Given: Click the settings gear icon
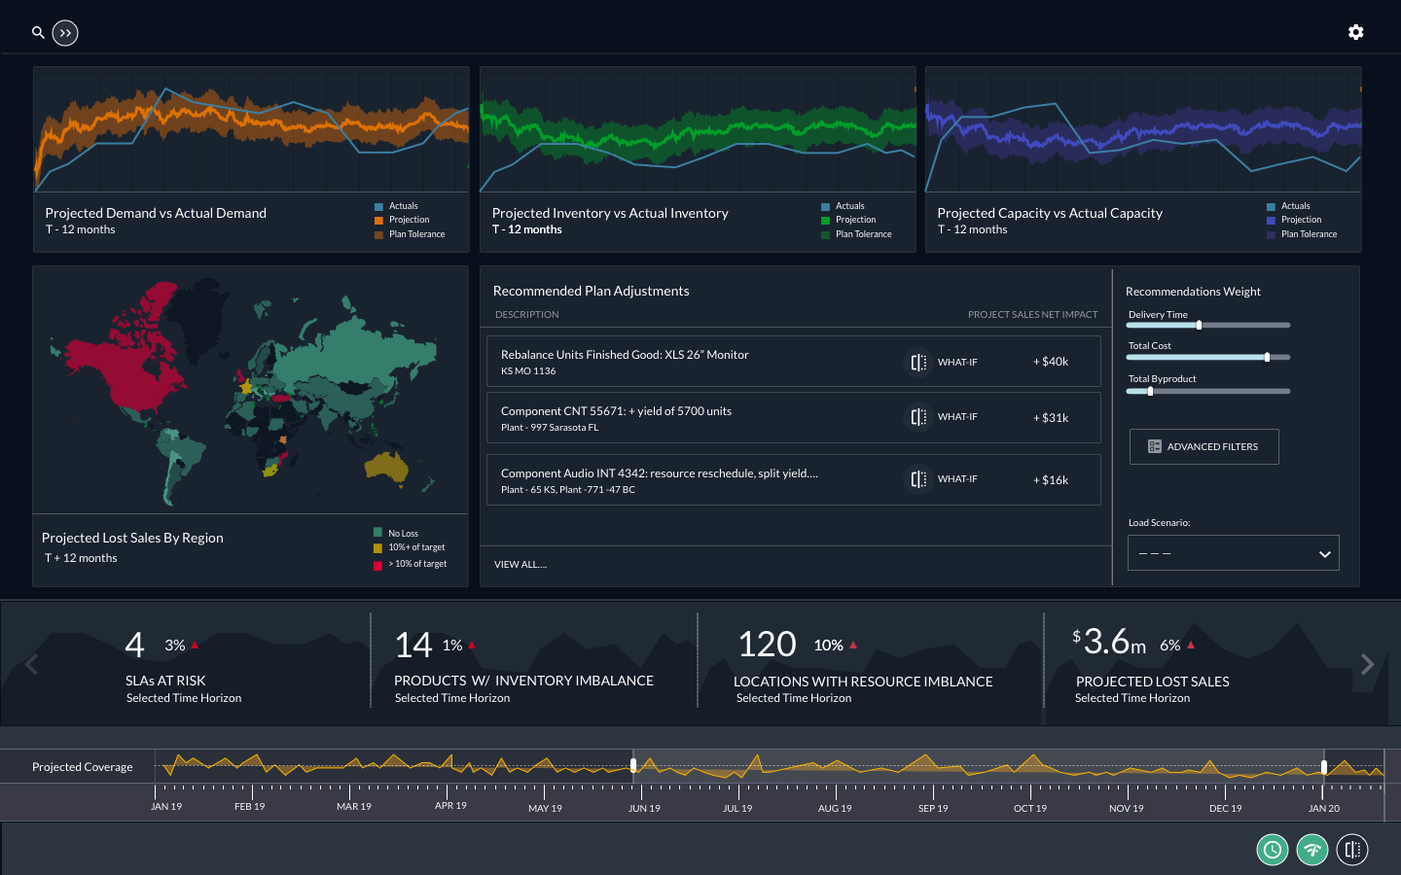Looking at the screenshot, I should point(1355,32).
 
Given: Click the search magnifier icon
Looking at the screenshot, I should point(38,32).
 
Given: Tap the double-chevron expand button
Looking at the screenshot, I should point(65,33).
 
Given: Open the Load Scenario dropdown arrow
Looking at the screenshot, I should point(1324,554).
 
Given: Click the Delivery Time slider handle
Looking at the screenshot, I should point(1199,326).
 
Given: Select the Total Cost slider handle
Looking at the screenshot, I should point(1267,358).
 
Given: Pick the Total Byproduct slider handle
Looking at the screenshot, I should point(1150,392).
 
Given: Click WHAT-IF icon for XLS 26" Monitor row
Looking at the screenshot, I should point(918,363).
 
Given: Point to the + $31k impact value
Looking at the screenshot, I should point(1051,418).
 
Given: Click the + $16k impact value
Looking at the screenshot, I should point(1051,480).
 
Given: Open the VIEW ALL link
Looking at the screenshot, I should point(521,565).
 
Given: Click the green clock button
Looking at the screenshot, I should point(1272,850).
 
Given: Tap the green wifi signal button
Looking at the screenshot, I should point(1312,850).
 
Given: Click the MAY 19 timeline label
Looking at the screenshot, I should point(545,808).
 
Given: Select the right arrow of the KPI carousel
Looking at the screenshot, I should point(1367,664).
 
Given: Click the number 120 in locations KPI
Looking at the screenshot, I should point(767,645).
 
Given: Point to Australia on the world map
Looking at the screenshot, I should point(387,468).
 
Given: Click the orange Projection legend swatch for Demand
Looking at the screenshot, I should point(378,221).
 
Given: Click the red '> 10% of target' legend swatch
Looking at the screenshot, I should point(377,565).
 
